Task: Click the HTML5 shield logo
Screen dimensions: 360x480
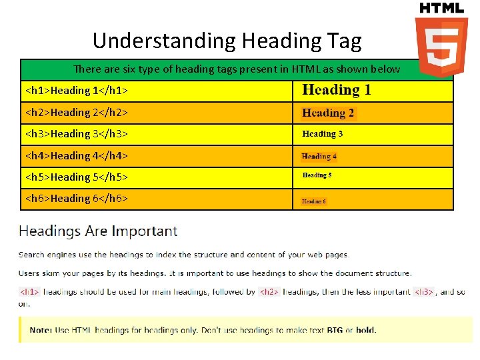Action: (441, 47)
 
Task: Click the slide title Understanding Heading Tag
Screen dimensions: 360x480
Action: (227, 41)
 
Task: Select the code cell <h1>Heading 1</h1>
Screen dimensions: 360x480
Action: (77, 91)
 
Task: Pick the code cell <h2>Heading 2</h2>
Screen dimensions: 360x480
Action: (77, 112)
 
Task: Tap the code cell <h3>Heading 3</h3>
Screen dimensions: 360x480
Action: (77, 134)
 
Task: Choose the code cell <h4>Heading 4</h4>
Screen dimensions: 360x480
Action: (77, 155)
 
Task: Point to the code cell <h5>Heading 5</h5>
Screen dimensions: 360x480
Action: (77, 177)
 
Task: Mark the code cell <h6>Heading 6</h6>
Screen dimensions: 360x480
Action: (77, 198)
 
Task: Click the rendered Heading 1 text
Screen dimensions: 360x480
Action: (337, 90)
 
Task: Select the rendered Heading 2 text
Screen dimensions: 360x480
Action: (328, 113)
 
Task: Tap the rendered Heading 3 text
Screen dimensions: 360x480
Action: (323, 134)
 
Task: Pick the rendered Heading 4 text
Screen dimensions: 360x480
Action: (319, 157)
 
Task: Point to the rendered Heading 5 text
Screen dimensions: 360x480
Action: (317, 175)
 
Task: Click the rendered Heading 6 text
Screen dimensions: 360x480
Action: (314, 201)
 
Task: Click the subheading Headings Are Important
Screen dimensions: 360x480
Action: (98, 231)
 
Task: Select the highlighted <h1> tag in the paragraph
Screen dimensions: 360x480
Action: (30, 291)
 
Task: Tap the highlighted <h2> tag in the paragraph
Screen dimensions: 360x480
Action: (269, 291)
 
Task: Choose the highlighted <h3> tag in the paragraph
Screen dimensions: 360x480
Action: (424, 291)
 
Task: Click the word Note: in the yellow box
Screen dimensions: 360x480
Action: (41, 330)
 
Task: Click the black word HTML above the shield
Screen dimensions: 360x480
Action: (441, 8)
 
